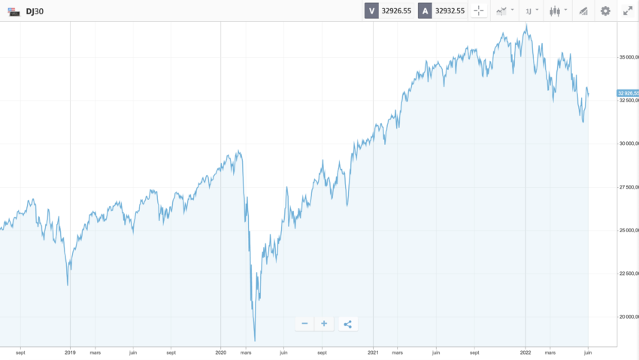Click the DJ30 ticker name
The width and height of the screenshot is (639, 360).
[x=35, y=11]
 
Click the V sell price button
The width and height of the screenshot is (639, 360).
[x=371, y=11]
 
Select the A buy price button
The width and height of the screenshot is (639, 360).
[x=425, y=11]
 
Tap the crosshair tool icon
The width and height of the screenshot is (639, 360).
[x=479, y=11]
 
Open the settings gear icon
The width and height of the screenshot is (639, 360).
[x=605, y=11]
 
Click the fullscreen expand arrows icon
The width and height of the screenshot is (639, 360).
[x=628, y=11]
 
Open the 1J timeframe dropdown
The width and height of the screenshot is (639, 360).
[x=531, y=11]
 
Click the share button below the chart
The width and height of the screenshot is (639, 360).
[x=347, y=324]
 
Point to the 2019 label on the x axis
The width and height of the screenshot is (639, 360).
[x=70, y=351]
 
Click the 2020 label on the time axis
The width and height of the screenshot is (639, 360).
[x=221, y=351]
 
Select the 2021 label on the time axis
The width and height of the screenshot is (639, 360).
[x=373, y=351]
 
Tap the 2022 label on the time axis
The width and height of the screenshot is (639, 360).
[x=525, y=351]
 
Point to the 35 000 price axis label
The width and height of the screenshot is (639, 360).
[x=628, y=57]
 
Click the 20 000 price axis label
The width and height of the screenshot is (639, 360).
[x=628, y=316]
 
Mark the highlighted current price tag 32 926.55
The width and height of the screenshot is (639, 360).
[x=628, y=93]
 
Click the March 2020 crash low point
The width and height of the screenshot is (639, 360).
[x=255, y=340]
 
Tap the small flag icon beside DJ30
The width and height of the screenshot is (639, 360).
[x=14, y=11]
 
